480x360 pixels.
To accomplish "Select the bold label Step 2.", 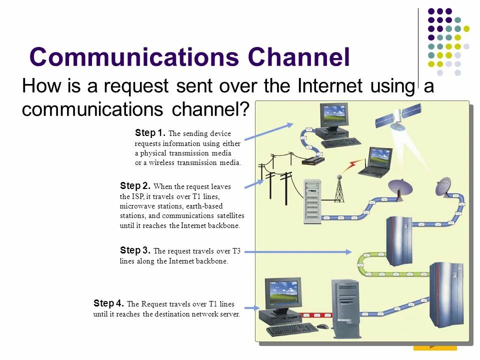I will coord(135,186).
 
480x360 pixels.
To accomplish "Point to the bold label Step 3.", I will coord(135,250).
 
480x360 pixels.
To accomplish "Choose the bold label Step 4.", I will coord(108,303).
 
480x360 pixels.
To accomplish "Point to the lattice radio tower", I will coord(339,189).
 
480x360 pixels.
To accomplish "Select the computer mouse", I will coord(323,326).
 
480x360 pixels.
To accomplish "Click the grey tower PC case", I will coord(346,308).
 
